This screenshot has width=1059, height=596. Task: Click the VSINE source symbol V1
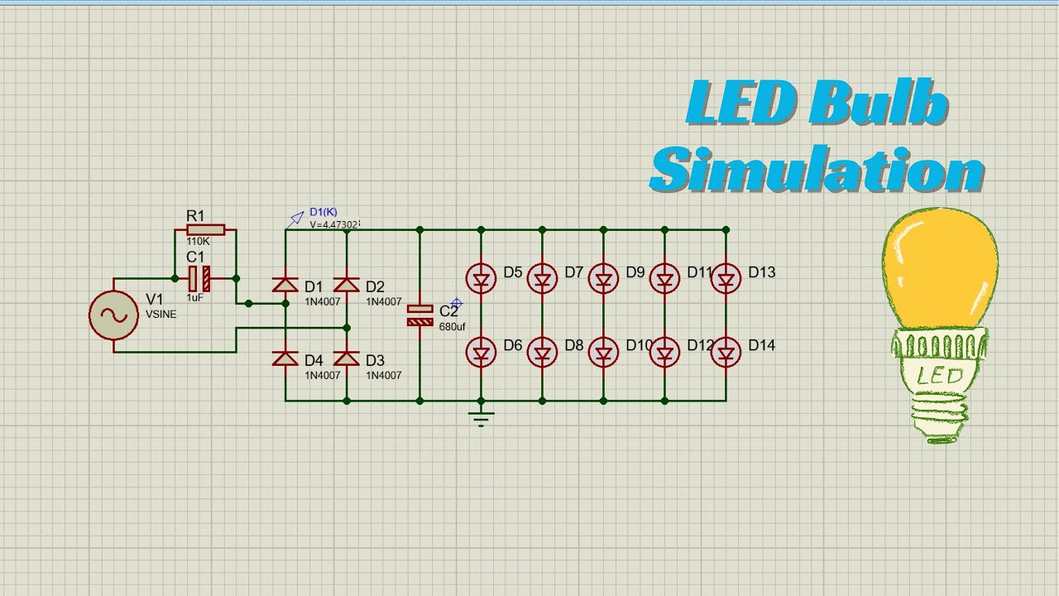pos(114,315)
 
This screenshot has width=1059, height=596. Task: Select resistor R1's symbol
pos(205,230)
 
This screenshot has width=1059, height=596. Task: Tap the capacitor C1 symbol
pos(199,279)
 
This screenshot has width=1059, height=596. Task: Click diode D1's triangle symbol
pos(285,285)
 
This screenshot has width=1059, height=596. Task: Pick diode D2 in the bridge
pos(347,285)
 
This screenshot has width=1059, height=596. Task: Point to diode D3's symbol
pos(347,358)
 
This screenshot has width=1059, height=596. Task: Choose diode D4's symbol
pos(285,358)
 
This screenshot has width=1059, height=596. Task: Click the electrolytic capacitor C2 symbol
pos(419,315)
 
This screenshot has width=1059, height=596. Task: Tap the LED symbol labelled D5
pos(481,279)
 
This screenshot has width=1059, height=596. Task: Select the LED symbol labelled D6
pos(481,352)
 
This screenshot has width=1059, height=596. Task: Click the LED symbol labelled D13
pos(726,279)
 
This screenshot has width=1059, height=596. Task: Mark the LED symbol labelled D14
pos(726,352)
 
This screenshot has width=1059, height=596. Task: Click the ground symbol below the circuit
pos(481,418)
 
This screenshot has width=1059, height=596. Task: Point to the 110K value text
pos(199,242)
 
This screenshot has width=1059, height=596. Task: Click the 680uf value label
pos(453,327)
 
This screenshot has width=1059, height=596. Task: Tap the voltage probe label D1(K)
pos(323,213)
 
